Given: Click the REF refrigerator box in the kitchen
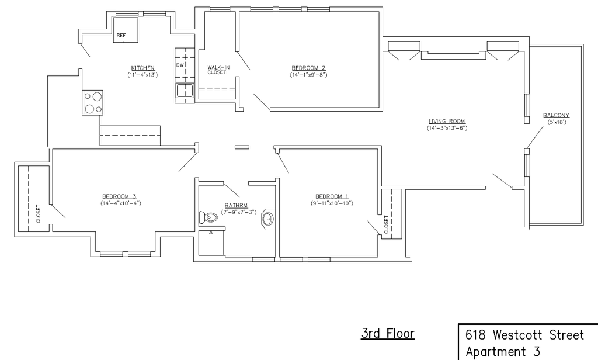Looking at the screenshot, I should coord(125,30).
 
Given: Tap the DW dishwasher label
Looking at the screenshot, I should coord(180,65).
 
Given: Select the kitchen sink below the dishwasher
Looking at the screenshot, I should coord(185,91).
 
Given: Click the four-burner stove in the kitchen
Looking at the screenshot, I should coord(93,102).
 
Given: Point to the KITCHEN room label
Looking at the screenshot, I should coord(142,68).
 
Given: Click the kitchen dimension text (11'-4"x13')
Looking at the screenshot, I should coord(142,75).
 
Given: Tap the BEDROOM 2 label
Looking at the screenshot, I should coord(308,68).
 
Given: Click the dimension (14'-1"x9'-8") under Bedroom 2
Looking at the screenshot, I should coord(308,75).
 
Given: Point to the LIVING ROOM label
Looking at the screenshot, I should coord(447,121).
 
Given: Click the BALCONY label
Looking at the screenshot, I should coord(556,115).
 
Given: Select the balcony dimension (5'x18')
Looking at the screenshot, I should coord(556,122).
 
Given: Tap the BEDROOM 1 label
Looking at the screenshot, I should coord(332,196).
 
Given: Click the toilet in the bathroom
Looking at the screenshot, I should coord(208,219).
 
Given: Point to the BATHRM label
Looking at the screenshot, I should coord(237,205).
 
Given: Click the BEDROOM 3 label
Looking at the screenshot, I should coord(119,196).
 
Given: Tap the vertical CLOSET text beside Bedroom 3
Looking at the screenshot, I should coord(39,214).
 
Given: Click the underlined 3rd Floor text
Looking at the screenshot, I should coord(388,334).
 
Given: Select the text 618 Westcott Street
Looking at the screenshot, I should coord(524,335).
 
